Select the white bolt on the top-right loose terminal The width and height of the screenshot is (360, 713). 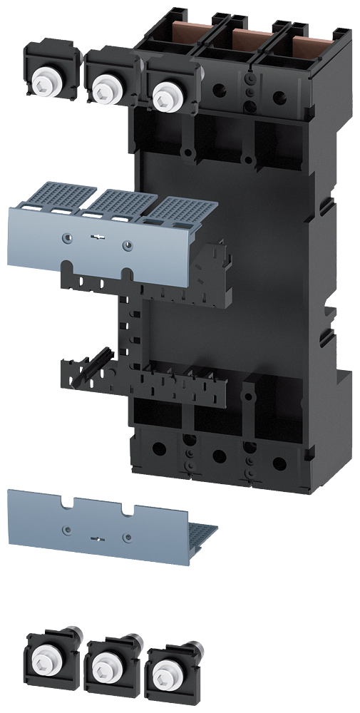coord(167,92)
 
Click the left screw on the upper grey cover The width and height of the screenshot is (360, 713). coord(66,239)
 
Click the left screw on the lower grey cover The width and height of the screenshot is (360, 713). coord(66,528)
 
